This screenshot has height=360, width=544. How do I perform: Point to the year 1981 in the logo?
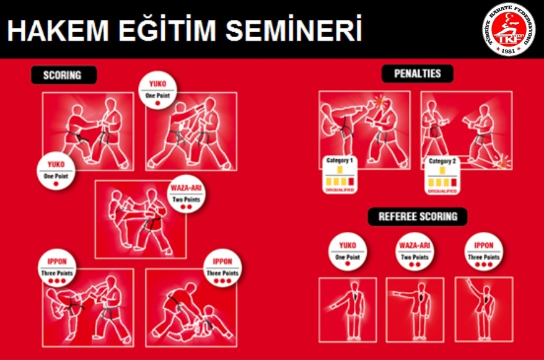(509, 50)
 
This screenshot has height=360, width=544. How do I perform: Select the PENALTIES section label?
(417, 74)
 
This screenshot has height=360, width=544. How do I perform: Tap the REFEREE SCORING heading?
(417, 217)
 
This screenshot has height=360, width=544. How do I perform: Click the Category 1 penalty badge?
(340, 174)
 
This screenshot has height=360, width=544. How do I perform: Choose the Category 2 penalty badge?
(441, 175)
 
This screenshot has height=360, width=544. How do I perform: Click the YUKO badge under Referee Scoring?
(347, 252)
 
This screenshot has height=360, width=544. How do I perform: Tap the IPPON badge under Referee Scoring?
(483, 252)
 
